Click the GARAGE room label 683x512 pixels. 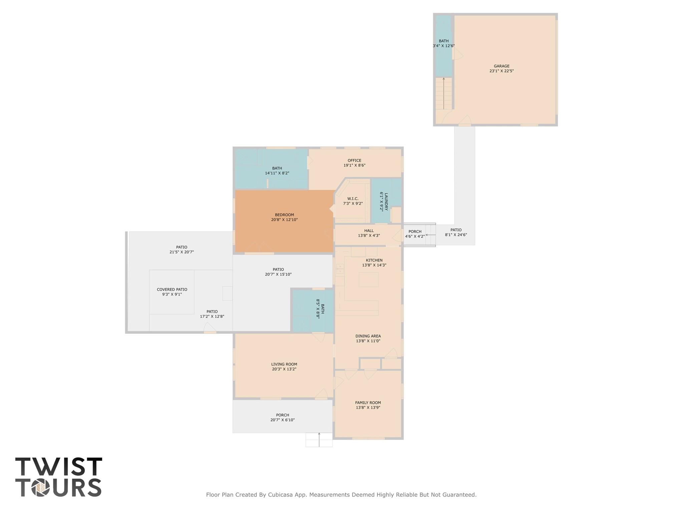(x=501, y=66)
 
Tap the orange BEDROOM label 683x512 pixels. (x=284, y=215)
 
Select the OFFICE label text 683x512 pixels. (x=354, y=160)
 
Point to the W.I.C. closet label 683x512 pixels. (x=353, y=198)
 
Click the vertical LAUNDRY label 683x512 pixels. (x=386, y=201)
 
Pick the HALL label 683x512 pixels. (x=369, y=230)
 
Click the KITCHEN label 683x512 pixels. (x=374, y=260)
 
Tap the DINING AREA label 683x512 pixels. (x=368, y=336)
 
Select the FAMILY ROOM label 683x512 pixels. (x=368, y=403)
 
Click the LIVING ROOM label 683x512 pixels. (x=284, y=364)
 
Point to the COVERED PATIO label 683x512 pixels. (x=172, y=290)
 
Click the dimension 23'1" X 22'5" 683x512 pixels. (x=501, y=71)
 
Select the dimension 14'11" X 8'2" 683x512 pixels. (x=277, y=173)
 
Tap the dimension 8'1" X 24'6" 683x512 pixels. (x=456, y=235)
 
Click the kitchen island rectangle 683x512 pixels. (x=368, y=280)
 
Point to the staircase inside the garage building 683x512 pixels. (x=443, y=93)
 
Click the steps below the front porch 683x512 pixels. (x=319, y=440)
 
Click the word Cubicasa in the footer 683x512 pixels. (x=281, y=495)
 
